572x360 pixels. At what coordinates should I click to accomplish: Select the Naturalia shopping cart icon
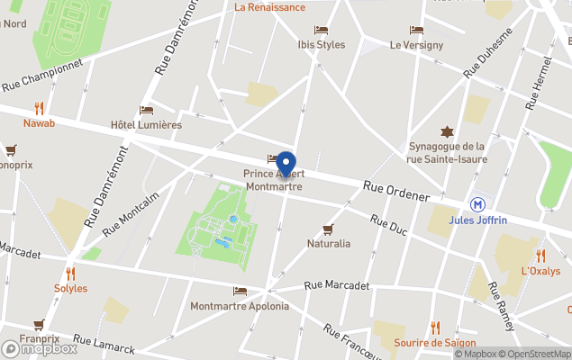point(328,229)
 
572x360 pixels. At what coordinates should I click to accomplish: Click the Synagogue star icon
point(445,131)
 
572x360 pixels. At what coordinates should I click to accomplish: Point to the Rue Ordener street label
point(396,192)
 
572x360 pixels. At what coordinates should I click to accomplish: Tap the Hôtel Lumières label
point(146,125)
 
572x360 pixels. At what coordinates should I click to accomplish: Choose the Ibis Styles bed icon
point(321,30)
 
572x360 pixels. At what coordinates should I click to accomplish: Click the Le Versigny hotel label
point(416,45)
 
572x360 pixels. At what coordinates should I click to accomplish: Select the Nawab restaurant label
point(39,122)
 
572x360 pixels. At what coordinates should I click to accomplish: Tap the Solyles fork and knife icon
point(70,274)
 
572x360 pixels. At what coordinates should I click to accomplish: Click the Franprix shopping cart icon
point(39,325)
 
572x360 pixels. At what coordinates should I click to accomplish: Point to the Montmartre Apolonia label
point(240,306)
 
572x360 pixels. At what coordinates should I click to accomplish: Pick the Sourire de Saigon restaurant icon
point(435,328)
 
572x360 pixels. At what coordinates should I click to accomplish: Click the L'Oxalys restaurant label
point(540,271)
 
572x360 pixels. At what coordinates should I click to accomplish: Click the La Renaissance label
point(269,6)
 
